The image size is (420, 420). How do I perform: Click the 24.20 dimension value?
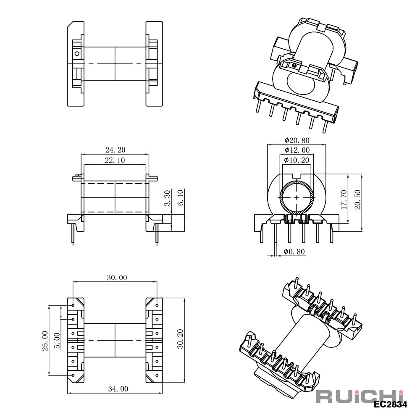[115, 150]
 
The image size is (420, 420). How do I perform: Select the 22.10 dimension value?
[115, 160]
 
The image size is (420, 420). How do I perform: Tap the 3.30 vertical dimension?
[167, 198]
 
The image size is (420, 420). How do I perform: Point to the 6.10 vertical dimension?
[181, 198]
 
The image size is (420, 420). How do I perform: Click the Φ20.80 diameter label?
[297, 140]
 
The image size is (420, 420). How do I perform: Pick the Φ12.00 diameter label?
[297, 150]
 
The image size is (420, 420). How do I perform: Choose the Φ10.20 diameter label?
[297, 160]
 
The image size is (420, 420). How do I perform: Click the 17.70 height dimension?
[344, 199]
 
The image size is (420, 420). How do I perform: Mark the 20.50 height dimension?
[357, 199]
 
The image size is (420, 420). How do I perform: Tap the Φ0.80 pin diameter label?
[294, 252]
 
